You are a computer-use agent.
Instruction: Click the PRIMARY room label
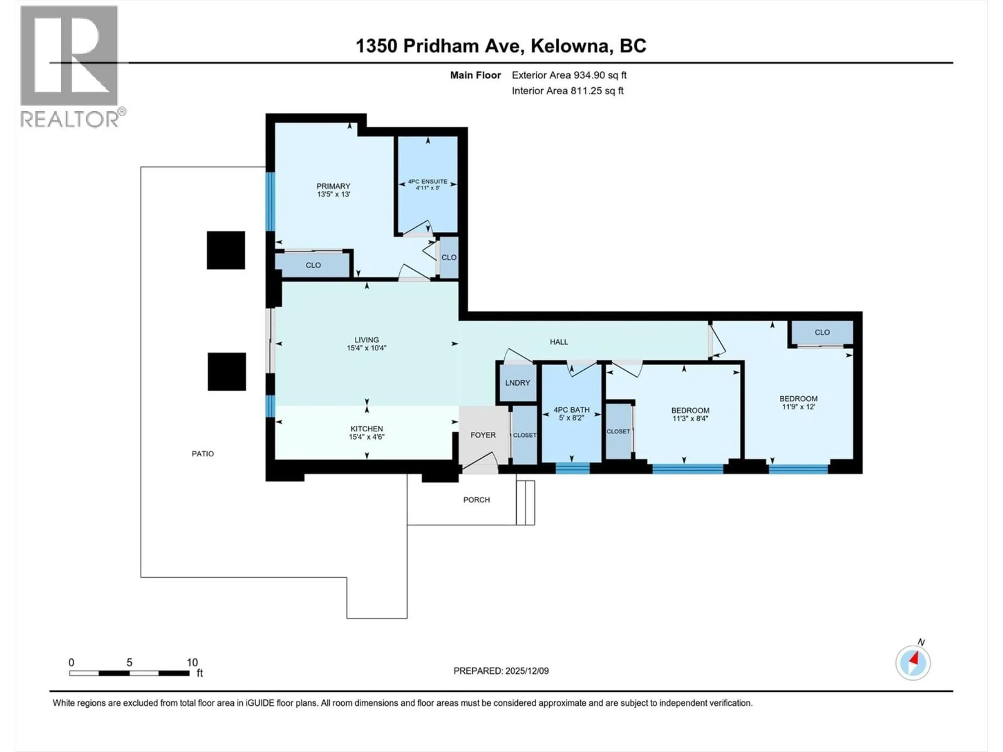pos(333,186)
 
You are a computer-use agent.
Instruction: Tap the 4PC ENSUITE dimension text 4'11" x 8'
pos(428,188)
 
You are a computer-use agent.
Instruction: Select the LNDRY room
pos(517,383)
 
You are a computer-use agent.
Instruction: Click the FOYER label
pos(483,435)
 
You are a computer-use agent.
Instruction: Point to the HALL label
pos(559,342)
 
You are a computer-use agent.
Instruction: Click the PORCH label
pos(476,500)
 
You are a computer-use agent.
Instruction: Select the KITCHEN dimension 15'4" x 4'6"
pos(366,437)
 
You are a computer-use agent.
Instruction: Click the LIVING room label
pos(366,339)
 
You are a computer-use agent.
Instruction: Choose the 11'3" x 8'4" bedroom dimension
pos(690,418)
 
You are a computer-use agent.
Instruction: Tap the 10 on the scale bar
pos(192,662)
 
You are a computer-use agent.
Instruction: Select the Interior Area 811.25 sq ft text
pos(567,91)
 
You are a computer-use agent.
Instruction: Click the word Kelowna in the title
pos(569,46)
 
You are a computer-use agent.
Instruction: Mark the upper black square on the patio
pos(226,250)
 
